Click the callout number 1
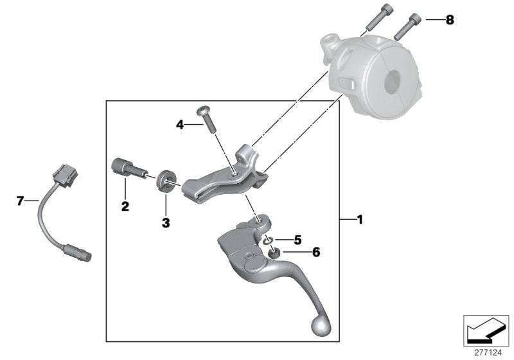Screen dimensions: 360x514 click(x=360, y=220)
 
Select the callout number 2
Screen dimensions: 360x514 click(x=125, y=206)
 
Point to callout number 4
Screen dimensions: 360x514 click(x=181, y=125)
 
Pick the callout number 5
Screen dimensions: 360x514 click(x=297, y=240)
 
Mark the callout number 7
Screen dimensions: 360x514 click(x=19, y=202)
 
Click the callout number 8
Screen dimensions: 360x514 click(x=449, y=20)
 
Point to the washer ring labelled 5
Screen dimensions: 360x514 click(x=268, y=241)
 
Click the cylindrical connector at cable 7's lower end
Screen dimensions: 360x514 click(x=77, y=253)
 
